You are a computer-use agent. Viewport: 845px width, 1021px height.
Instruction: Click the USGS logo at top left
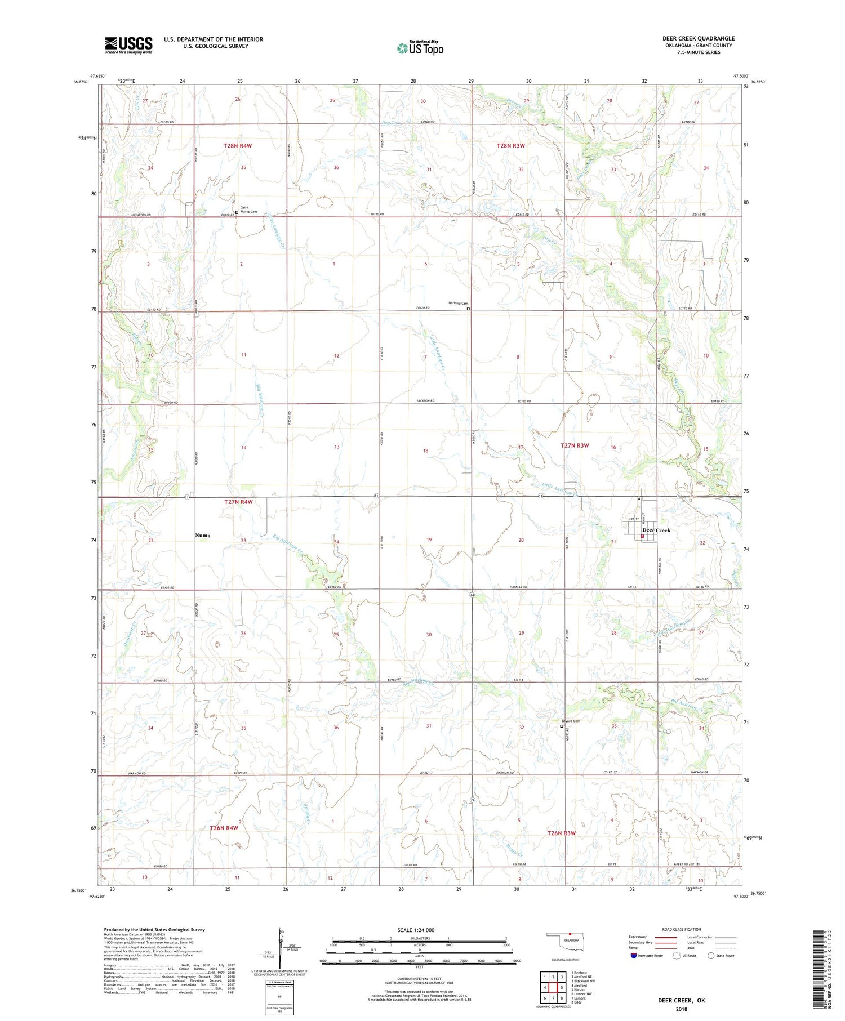[128, 45]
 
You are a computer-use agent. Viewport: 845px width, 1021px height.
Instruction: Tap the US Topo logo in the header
[420, 48]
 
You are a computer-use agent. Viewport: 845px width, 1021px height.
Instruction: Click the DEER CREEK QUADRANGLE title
[698, 39]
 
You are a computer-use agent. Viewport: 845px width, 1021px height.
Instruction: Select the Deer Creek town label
[656, 530]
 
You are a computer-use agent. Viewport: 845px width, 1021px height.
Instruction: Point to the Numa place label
[203, 536]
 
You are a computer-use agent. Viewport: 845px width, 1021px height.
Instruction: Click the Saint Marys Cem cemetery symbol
[237, 212]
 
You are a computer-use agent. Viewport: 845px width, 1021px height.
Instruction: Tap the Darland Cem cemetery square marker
[468, 309]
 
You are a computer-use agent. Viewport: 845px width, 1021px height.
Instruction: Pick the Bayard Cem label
[570, 721]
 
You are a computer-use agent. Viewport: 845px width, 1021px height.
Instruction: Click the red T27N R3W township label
[575, 445]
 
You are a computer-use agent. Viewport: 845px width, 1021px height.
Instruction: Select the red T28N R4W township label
[237, 146]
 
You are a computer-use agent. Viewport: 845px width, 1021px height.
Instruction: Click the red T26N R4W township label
[224, 828]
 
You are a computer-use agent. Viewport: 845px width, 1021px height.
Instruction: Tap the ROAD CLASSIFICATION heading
[682, 929]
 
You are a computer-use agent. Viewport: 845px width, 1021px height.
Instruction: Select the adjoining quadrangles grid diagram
[553, 987]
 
